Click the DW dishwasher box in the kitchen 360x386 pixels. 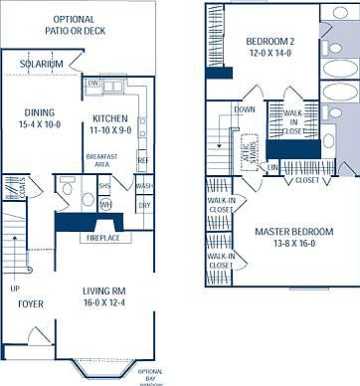click(x=91, y=83)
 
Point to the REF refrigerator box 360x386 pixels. click(x=142, y=159)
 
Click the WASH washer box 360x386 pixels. click(x=144, y=186)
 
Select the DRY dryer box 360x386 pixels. click(x=144, y=205)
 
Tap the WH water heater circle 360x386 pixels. click(x=104, y=205)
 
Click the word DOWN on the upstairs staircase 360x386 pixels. click(x=244, y=109)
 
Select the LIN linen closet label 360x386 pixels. click(x=274, y=168)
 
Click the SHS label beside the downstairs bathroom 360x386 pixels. click(x=104, y=186)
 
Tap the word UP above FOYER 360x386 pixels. click(x=15, y=289)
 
